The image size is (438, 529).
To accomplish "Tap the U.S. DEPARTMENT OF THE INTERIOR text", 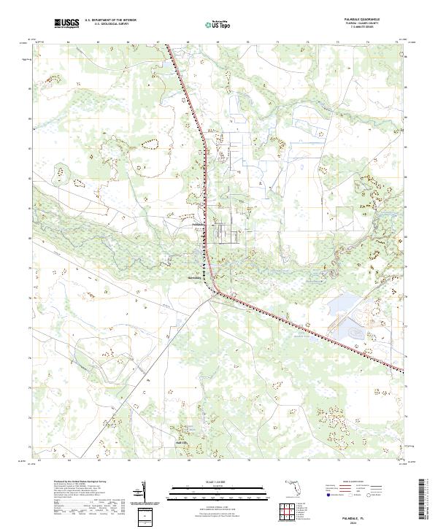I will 110,20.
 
